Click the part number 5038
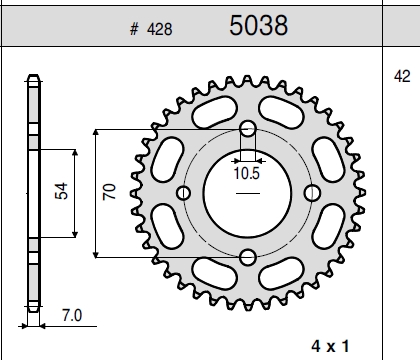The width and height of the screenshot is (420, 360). click(x=259, y=25)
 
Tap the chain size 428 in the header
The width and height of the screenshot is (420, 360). click(x=160, y=29)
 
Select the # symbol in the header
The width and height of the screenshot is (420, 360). click(x=134, y=29)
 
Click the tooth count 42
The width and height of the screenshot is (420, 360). click(x=402, y=76)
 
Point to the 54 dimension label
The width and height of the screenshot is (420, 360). click(x=61, y=191)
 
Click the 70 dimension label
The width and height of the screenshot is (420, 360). click(x=109, y=192)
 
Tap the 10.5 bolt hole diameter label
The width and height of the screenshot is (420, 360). click(x=247, y=173)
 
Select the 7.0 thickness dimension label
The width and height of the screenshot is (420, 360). click(x=72, y=315)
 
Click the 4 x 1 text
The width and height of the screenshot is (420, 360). click(x=331, y=346)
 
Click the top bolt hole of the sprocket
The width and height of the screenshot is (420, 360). click(x=248, y=129)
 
